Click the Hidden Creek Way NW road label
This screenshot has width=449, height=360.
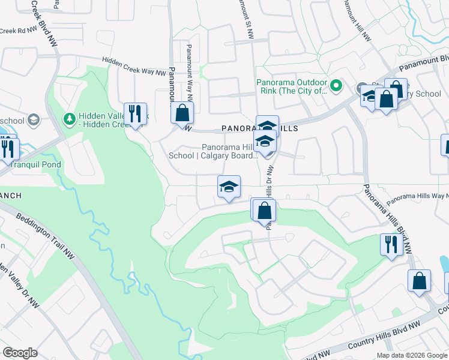[134, 66]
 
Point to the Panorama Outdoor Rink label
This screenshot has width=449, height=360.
[292, 87]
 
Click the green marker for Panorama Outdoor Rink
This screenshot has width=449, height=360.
[336, 87]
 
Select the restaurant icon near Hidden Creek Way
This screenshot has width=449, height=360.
[135, 113]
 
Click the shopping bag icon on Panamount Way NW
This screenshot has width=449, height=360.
[182, 112]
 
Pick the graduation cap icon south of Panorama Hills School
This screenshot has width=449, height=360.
[228, 187]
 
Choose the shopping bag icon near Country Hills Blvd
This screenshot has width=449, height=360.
[419, 281]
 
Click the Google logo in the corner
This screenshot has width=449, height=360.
[19, 352]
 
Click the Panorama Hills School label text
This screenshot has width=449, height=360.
[229, 151]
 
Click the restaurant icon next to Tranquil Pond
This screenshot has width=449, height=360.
[8, 148]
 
